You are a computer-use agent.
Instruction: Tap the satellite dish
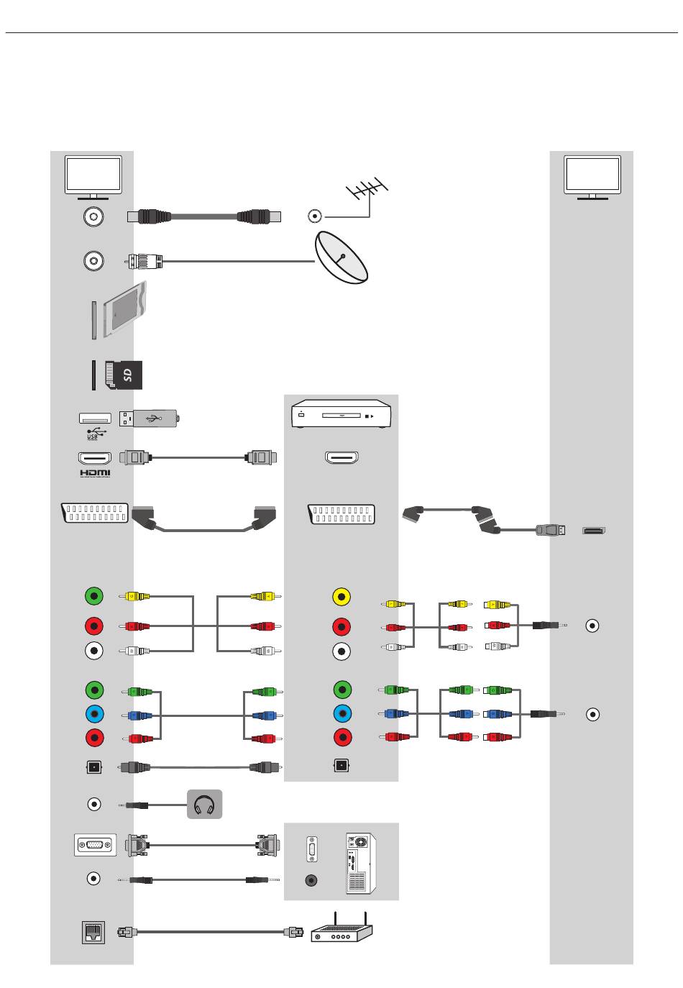(341, 258)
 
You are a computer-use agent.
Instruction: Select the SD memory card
(124, 375)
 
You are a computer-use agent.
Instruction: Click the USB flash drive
(150, 418)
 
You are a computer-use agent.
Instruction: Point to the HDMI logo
(95, 472)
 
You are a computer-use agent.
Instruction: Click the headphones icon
(204, 804)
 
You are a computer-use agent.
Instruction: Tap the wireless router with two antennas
(341, 930)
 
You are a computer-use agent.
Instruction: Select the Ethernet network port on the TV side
(93, 932)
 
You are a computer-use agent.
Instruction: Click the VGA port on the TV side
(95, 845)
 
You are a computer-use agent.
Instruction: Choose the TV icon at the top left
(93, 177)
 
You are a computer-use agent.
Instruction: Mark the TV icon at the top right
(592, 177)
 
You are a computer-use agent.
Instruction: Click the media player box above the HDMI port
(341, 415)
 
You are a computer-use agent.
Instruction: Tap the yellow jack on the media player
(341, 597)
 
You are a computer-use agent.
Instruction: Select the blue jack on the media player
(342, 714)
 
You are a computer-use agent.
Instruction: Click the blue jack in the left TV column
(94, 714)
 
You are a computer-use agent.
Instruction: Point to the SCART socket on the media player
(342, 514)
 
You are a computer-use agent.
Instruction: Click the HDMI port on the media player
(342, 457)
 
